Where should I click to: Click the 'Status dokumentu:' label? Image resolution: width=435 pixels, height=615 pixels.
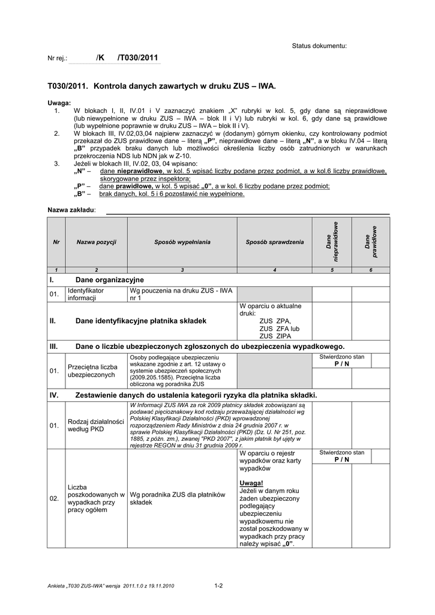319,46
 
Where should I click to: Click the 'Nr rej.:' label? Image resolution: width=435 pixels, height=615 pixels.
58,58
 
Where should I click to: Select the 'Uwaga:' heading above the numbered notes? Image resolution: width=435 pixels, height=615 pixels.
59,103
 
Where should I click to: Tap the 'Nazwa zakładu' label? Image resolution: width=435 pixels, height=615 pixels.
71,210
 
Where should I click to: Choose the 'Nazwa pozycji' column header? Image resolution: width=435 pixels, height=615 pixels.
96,241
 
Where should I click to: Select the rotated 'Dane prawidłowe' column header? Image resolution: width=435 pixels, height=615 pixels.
370,241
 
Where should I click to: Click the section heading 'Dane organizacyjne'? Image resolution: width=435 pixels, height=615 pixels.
109,280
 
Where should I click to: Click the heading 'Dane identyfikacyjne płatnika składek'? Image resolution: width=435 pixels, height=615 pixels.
140,321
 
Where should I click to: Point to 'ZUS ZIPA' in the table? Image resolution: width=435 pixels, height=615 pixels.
275,336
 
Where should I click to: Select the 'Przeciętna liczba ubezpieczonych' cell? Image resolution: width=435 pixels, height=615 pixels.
92,371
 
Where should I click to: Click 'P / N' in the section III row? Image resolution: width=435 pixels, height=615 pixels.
341,365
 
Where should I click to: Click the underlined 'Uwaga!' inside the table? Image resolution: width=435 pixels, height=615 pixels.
251,483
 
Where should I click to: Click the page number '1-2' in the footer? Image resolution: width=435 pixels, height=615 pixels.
218,586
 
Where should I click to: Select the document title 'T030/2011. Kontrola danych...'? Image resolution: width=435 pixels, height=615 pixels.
161,86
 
